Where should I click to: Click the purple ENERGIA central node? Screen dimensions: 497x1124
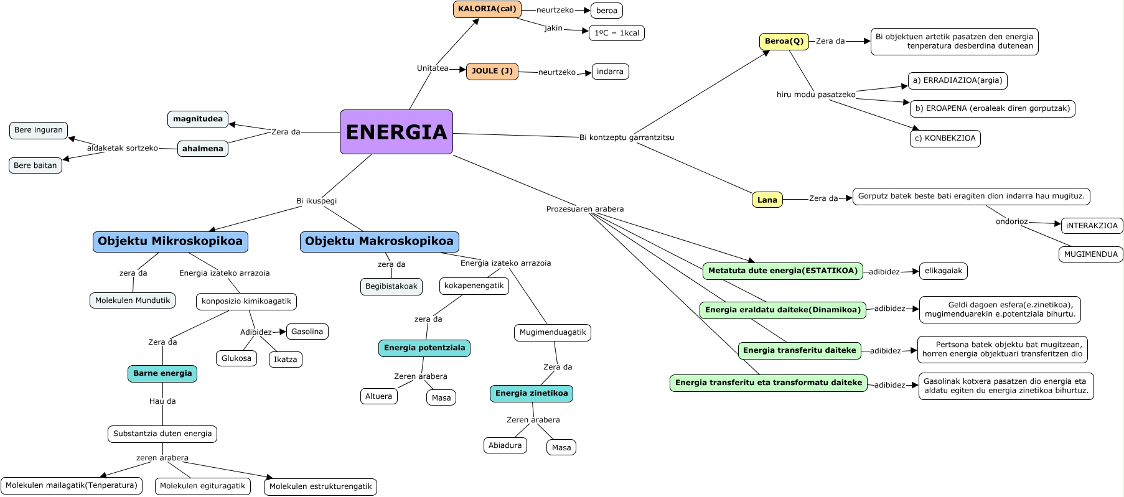[x=396, y=132]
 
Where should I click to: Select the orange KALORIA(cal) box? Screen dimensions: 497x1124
[x=487, y=9]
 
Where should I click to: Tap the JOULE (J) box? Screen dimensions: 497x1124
[x=492, y=72]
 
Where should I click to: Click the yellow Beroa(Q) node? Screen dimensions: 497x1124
[x=784, y=42]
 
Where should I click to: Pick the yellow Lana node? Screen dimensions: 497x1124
[x=767, y=200]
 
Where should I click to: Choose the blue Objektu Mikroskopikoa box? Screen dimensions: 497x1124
[x=170, y=241]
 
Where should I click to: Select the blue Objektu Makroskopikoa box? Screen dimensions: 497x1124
[x=379, y=241]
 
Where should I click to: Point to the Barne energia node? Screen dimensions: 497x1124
[x=162, y=373]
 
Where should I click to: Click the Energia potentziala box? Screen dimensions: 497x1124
[x=424, y=348]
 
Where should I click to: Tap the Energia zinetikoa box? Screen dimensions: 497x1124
[x=531, y=393]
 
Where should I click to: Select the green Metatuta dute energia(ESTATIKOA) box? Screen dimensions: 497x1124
[x=782, y=271]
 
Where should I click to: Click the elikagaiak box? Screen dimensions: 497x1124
[x=943, y=271]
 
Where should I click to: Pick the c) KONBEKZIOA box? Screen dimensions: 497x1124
[x=945, y=138]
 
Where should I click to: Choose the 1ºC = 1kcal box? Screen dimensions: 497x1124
[x=616, y=33]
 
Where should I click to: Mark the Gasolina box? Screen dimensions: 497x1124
[x=307, y=332]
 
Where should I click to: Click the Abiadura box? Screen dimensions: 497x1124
[x=505, y=445]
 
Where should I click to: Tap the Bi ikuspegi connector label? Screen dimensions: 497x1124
[x=316, y=201]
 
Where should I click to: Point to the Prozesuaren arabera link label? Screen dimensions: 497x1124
[x=584, y=209]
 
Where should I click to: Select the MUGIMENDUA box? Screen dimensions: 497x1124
[x=1090, y=254]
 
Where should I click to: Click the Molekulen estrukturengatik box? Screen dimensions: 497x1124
[x=320, y=486]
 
